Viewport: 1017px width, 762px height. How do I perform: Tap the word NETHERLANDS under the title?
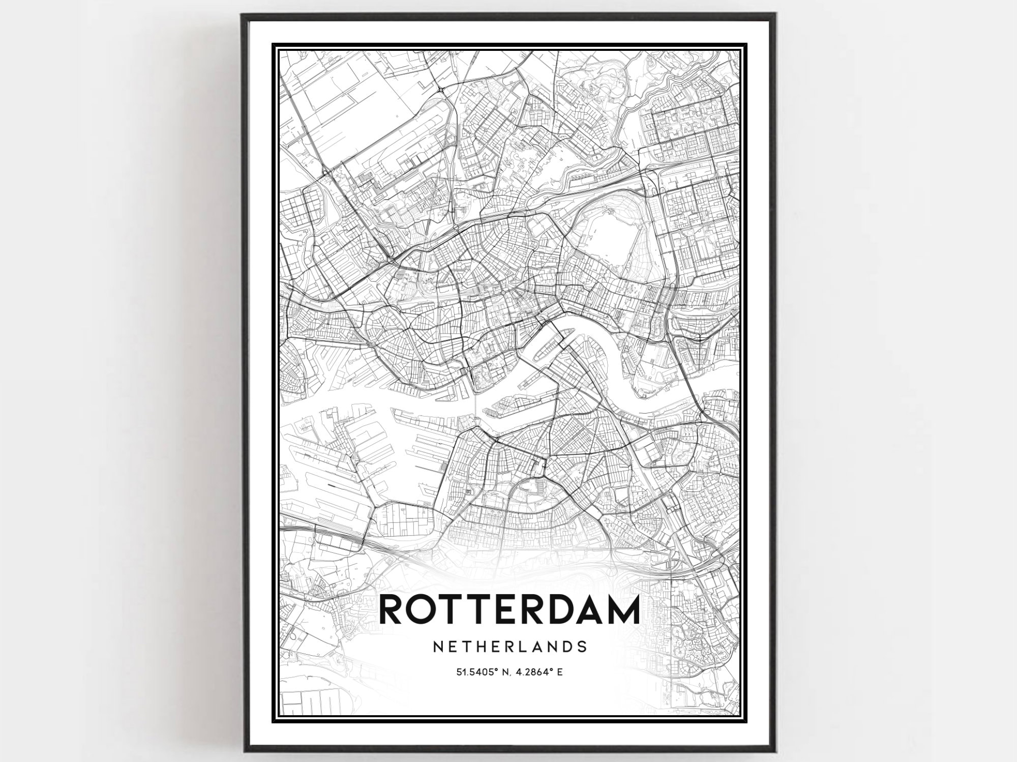(510, 647)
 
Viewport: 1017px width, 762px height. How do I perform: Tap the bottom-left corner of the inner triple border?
(273, 721)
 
